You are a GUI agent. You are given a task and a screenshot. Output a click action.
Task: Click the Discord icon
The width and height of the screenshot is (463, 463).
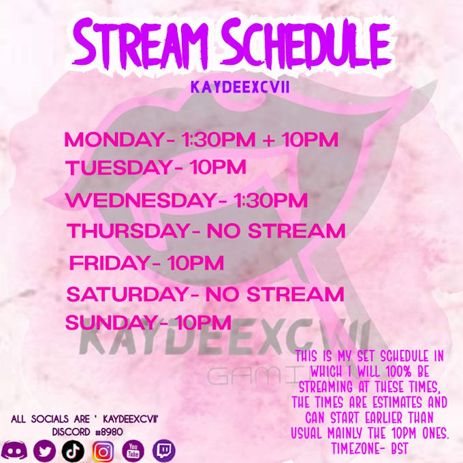tap(14, 450)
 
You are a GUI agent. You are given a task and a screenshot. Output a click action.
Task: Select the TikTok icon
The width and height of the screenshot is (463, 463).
tap(73, 450)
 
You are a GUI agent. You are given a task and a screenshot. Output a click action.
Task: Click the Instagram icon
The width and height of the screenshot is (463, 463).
tap(103, 450)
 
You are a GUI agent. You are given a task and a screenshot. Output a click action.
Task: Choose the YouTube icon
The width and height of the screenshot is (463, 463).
tap(133, 450)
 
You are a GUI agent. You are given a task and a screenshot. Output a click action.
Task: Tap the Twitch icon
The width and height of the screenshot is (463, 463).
tap(163, 450)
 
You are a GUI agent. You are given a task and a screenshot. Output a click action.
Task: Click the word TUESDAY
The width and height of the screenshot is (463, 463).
tap(116, 167)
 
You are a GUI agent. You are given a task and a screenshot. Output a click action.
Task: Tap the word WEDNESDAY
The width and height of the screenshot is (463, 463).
tap(142, 202)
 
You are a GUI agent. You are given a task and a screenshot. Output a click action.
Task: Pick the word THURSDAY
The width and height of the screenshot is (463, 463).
tap(126, 231)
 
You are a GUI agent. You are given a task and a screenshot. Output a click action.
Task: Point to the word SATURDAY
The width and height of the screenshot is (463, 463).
tap(127, 295)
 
